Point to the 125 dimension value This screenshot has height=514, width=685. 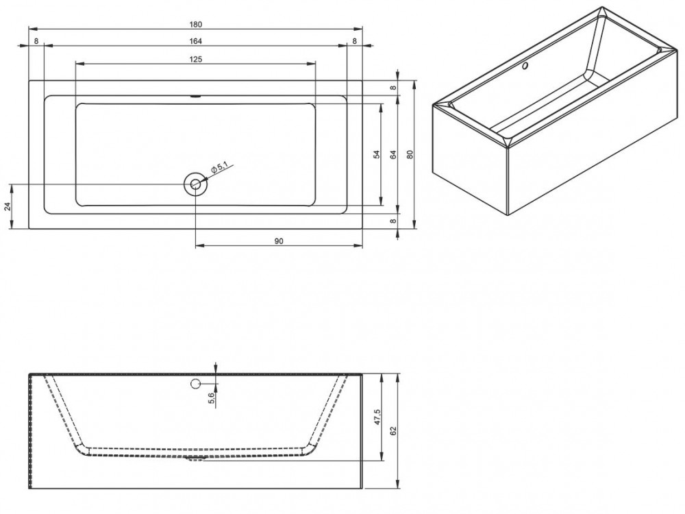pyautogui.click(x=195, y=59)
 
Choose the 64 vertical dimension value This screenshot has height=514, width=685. pyautogui.click(x=393, y=155)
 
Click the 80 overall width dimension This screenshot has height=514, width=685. pyautogui.click(x=410, y=155)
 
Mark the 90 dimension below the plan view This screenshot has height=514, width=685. pyautogui.click(x=279, y=241)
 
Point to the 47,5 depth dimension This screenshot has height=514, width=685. pyautogui.click(x=377, y=416)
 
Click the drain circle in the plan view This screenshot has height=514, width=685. pyautogui.click(x=196, y=184)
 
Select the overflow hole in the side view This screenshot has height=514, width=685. pyautogui.click(x=196, y=382)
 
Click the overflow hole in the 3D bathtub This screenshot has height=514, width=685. pyautogui.click(x=525, y=67)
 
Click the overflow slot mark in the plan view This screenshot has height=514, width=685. pyautogui.click(x=196, y=97)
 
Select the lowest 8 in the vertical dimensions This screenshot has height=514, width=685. pyautogui.click(x=393, y=221)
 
